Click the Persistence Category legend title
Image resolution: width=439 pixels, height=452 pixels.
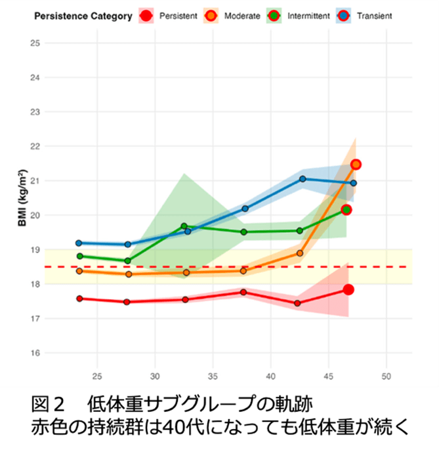coord(83,16)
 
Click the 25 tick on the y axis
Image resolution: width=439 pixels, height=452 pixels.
coord(35,43)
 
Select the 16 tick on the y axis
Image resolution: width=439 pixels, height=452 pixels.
coord(35,353)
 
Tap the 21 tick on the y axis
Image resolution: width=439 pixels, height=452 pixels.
coord(35,181)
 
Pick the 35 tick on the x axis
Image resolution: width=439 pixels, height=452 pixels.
coord(213,377)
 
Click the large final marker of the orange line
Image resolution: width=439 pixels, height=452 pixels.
coord(356,164)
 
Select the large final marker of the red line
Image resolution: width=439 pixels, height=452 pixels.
coord(348,290)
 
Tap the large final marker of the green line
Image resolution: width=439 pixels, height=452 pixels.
coord(346,210)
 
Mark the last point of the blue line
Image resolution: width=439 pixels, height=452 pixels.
coord(353,183)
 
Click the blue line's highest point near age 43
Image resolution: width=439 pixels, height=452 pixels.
coord(303,178)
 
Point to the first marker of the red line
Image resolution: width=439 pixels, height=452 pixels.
coord(79,298)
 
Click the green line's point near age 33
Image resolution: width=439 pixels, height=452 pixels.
coord(184,226)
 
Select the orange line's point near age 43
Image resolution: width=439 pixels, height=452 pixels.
coord(300,253)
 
